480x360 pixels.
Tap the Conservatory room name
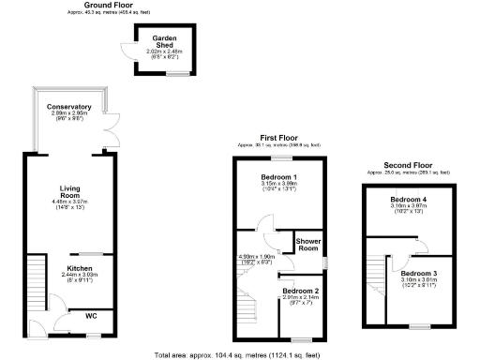(x=68, y=107)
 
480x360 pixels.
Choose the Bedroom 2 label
(x=301, y=292)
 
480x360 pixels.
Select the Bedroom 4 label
(x=410, y=200)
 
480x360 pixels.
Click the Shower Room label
(x=309, y=246)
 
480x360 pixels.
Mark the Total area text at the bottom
(x=243, y=354)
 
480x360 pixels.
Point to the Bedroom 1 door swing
(x=267, y=222)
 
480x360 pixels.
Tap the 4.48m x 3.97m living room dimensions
(x=67, y=204)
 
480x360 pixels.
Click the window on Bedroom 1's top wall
(x=280, y=157)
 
